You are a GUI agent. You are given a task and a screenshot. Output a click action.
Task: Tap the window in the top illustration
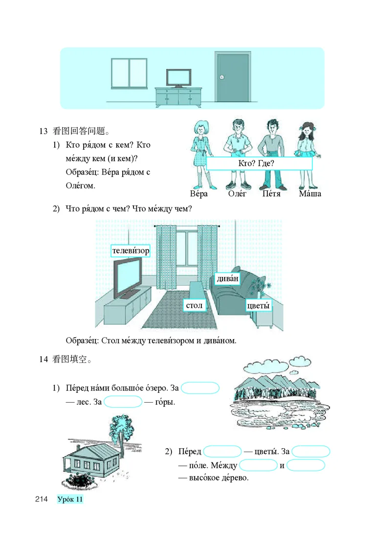[x=129, y=74]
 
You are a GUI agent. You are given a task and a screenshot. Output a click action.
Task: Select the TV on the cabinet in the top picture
[x=178, y=78]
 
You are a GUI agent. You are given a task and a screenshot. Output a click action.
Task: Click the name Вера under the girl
[x=199, y=194]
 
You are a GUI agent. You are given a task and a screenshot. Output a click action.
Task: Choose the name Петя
[x=271, y=194]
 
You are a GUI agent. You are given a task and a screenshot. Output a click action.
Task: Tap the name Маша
[x=310, y=194]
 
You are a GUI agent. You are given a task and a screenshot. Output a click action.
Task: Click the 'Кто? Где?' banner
[x=259, y=163]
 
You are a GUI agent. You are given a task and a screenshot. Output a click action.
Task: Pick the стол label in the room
[x=194, y=305]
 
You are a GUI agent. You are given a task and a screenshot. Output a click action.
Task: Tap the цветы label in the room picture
[x=259, y=305]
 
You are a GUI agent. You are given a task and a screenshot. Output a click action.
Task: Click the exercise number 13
[x=43, y=131]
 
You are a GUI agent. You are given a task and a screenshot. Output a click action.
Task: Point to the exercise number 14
[x=43, y=360]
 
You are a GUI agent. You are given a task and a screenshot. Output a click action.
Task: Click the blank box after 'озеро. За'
[x=200, y=388]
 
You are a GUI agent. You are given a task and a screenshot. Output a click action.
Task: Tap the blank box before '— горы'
[x=123, y=402]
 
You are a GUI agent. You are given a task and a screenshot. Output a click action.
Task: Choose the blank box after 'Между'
[x=259, y=465]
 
